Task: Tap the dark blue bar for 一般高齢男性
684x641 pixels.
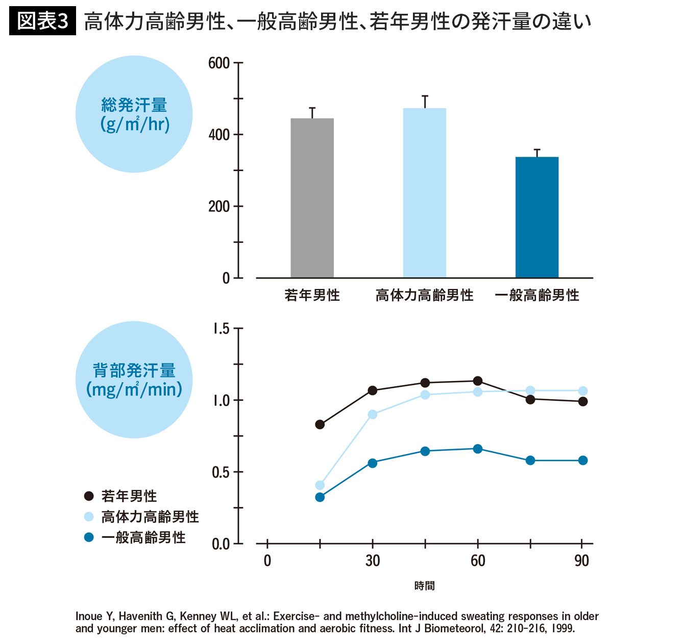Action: pos(536,217)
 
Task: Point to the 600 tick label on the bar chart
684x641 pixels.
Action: pos(219,63)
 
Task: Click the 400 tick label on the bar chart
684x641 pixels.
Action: pos(219,135)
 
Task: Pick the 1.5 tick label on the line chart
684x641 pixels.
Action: pos(221,329)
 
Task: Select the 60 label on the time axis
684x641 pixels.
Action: pos(478,561)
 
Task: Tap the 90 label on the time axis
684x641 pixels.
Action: pos(581,561)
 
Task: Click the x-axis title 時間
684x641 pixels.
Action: pos(424,586)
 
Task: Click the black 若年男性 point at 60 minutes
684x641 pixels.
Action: pos(478,381)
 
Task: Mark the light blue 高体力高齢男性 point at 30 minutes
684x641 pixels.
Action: pos(373,414)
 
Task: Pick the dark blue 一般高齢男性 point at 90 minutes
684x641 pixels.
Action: pos(583,461)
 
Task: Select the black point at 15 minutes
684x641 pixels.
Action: pos(320,424)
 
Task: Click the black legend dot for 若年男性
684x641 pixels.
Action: pos(89,496)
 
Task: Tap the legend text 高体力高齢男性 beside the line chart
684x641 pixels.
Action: pos(150,517)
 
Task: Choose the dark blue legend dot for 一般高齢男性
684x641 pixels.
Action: pos(89,537)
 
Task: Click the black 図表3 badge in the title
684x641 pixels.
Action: pos(42,21)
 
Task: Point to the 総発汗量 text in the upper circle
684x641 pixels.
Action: pos(134,105)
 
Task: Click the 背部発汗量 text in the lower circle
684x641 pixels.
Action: pos(134,370)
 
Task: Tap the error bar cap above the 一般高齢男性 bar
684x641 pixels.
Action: pos(536,150)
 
